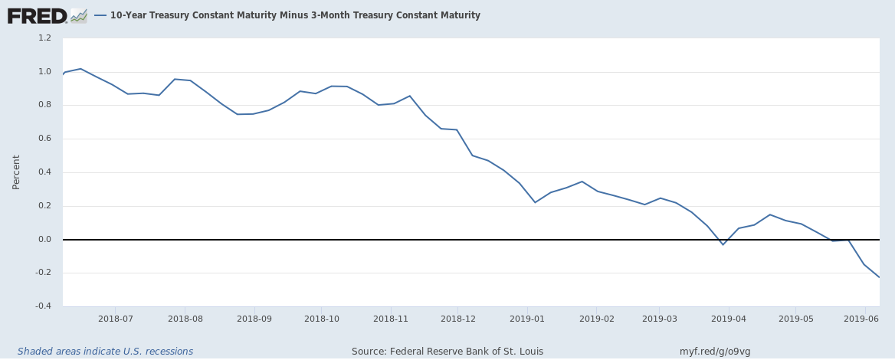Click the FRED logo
tap(36, 15)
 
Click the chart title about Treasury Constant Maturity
tap(295, 15)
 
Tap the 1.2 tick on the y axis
tap(44, 38)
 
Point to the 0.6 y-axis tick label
tap(44, 139)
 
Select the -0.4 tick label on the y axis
tap(43, 306)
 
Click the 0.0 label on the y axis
tap(44, 240)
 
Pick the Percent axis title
tap(16, 172)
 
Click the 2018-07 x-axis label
tap(116, 319)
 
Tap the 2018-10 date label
tap(323, 319)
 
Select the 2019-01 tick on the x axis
tap(528, 319)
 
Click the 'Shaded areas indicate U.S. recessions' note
tap(105, 352)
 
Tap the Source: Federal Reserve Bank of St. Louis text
tap(447, 352)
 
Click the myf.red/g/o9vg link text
tap(715, 352)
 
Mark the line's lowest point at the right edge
tap(878, 277)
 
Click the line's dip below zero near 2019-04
tap(723, 244)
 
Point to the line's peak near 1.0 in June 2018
tap(80, 69)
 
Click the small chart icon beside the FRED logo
tap(79, 15)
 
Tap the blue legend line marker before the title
tap(100, 15)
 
